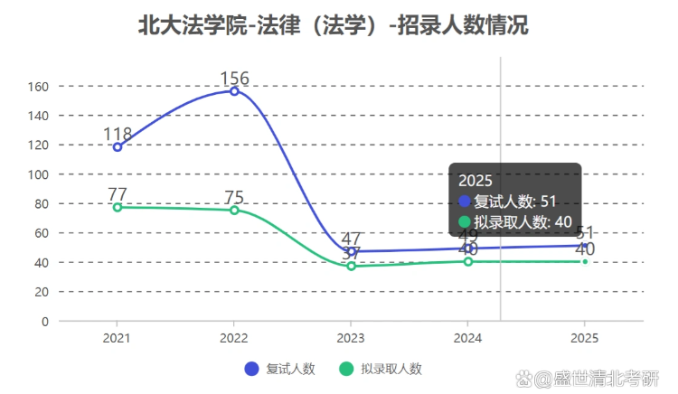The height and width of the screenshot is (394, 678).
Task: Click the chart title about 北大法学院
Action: pos(333,25)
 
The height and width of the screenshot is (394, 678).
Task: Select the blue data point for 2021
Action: pos(118,147)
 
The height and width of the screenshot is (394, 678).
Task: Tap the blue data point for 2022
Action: pos(234,91)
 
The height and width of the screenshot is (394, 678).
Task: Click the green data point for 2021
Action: pos(118,207)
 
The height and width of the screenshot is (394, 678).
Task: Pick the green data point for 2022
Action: pos(234,211)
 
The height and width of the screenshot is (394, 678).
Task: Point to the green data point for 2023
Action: pos(351,266)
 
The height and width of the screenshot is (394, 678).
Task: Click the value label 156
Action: pos(234,78)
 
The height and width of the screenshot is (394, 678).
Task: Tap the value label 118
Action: pos(118,134)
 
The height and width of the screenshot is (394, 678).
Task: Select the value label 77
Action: pos(118,194)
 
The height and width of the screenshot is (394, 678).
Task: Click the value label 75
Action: pos(234,197)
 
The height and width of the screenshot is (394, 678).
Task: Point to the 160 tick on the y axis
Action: pos(38,87)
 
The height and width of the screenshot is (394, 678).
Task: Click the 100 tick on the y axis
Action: pos(38,174)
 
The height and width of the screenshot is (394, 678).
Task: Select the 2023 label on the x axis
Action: pos(351,338)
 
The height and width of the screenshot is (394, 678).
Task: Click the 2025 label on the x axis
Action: pos(584,338)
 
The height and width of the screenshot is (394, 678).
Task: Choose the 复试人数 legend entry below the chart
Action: pos(280,369)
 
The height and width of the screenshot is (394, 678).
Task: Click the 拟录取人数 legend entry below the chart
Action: pos(381,369)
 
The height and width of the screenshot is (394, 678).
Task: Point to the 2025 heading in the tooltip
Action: pos(475,180)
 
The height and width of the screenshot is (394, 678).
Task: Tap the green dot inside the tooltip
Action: pos(465,222)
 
